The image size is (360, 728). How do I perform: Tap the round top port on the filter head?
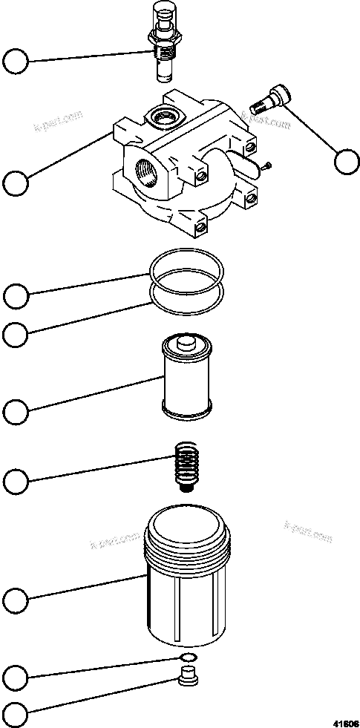tap(161, 115)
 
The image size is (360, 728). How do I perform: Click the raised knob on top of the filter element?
tap(183, 342)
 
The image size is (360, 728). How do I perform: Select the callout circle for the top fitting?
tap(16, 61)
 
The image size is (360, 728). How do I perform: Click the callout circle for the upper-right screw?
tap(346, 161)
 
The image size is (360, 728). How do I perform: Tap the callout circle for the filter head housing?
tap(16, 182)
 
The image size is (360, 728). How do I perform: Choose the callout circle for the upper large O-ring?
tap(16, 295)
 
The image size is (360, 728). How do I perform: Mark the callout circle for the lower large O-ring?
tap(16, 334)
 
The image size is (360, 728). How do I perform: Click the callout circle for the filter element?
tap(16, 410)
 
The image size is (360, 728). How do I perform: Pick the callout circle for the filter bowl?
tap(16, 598)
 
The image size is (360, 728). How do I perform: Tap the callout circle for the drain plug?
tap(16, 714)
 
